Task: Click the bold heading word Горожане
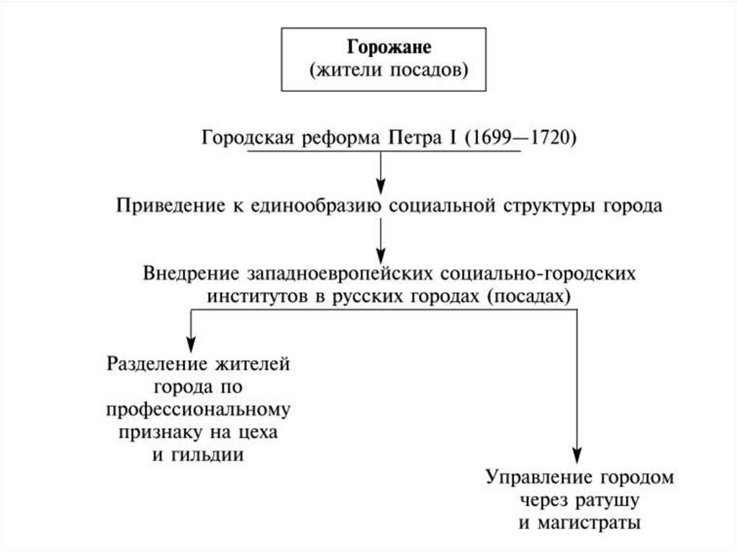coord(389,47)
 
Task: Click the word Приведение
coord(171,206)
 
